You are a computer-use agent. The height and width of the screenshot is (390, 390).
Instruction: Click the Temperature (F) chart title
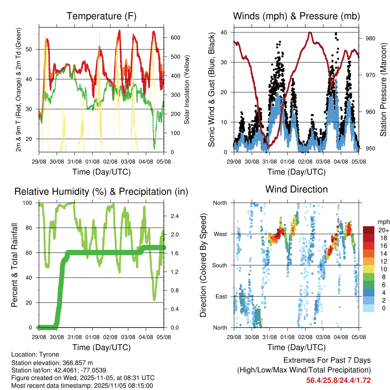101,16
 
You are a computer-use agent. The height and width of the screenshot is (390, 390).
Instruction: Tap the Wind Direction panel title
296,189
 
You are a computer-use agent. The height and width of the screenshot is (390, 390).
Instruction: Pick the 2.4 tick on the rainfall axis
175,216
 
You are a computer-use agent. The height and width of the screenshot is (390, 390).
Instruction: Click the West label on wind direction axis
220,234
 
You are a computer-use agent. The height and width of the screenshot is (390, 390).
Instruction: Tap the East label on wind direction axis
221,296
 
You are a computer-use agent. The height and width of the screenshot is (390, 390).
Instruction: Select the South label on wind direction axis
219,265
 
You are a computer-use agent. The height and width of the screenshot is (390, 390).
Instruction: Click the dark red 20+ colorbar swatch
369,230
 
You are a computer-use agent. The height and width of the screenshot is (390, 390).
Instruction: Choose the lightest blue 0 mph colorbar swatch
369,308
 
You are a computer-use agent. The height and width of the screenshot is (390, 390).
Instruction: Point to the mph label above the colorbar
383,222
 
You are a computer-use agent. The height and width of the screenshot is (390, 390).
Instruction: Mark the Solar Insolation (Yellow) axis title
187,90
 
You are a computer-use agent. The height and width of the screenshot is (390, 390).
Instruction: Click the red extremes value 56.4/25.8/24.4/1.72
339,380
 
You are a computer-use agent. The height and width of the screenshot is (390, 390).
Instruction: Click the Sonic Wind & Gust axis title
211,90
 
